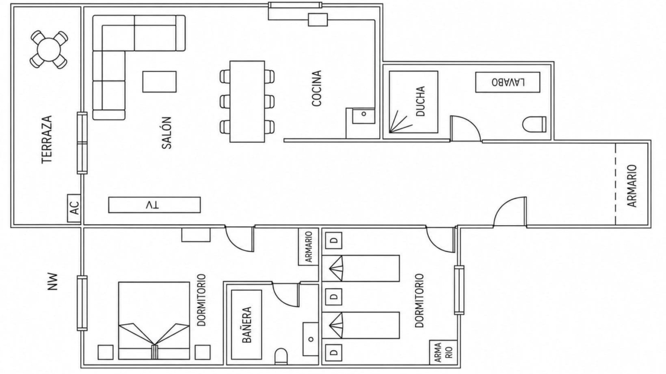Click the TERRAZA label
coord(47,139)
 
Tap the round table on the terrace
coord(49,49)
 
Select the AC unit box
coord(74,208)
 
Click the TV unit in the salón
coord(154,205)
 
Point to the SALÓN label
coord(167,133)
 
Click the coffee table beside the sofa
coord(159,82)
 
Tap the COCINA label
coord(317,88)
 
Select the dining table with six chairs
coord(247,101)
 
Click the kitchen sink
coord(364,115)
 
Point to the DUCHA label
coord(421,101)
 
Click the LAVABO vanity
coord(508,82)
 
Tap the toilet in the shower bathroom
coord(535,124)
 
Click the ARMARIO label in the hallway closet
coord(632,185)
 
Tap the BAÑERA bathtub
coord(247,325)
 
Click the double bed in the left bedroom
coord(154,321)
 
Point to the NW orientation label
coord(52,282)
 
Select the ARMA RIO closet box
coord(443,352)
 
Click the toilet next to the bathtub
coord(281,356)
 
